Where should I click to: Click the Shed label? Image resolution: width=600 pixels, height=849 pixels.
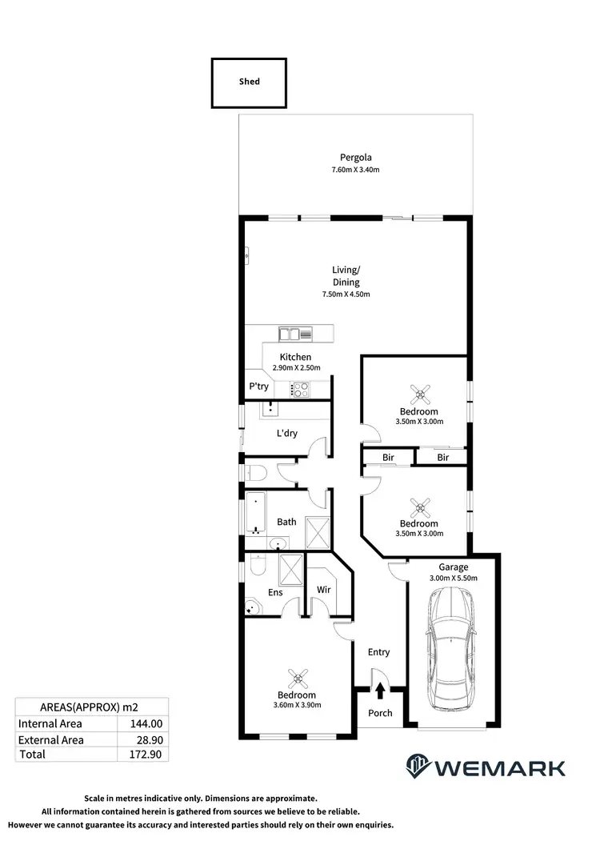coord(249,82)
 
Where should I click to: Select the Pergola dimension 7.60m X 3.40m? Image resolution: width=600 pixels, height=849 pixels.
coord(355,170)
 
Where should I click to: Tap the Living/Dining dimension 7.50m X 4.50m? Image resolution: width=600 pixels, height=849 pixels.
coord(346,294)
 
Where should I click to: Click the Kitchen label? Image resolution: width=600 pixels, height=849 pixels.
coord(295,357)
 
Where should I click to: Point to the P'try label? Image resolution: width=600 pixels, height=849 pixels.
coord(258,386)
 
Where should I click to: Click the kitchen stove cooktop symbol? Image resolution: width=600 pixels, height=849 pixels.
coord(300,390)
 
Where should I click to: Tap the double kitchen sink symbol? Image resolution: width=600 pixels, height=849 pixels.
coord(289,333)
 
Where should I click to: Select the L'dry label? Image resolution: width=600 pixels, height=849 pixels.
coord(286,433)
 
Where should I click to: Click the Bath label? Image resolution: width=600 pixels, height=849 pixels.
coord(286,522)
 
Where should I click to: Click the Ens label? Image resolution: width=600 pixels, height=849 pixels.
coord(275,593)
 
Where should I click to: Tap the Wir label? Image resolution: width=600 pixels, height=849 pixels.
coord(324,590)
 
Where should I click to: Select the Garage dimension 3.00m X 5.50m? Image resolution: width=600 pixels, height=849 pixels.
coord(453,578)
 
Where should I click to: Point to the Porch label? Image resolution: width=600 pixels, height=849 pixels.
coord(380,712)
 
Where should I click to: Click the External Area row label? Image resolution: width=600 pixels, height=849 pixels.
coord(50,739)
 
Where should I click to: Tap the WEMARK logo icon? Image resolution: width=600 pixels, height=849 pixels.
coord(419,766)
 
